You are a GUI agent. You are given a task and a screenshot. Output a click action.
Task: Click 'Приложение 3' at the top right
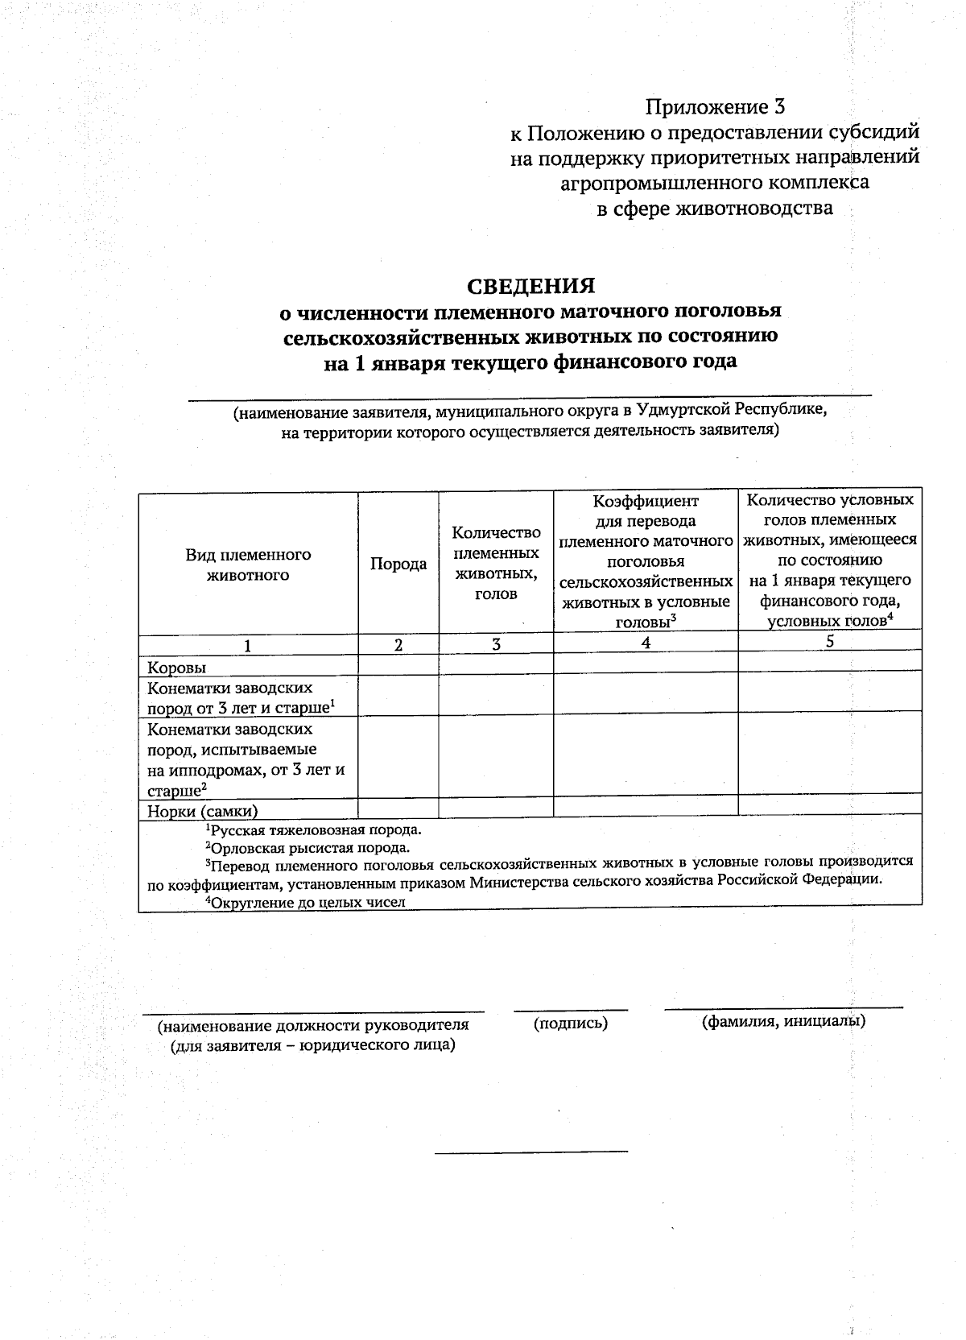point(715,106)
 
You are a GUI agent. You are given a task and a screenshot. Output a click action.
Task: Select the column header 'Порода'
point(398,565)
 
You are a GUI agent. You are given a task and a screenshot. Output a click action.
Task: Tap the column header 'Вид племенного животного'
point(248,565)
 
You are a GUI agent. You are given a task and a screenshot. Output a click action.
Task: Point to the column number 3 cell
point(496,644)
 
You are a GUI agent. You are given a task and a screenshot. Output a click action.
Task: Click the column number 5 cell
point(830,641)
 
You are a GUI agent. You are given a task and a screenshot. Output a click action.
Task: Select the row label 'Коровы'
point(176,668)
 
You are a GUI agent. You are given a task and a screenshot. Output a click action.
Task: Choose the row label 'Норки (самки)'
point(202,811)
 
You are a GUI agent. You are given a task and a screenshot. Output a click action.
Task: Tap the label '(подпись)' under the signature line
point(570,1024)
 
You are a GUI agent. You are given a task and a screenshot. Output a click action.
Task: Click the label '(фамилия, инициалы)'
point(783,1022)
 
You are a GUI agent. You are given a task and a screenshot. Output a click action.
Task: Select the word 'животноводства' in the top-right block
point(756,209)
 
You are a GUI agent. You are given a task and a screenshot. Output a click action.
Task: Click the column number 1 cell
point(248,645)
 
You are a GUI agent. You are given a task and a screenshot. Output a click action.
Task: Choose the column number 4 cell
point(646,642)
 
